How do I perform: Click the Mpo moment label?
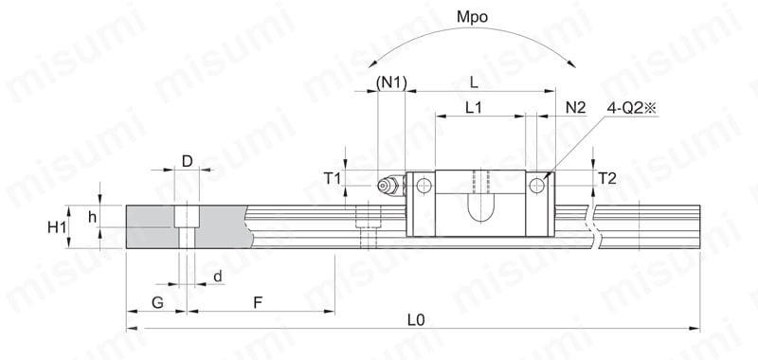point(472,18)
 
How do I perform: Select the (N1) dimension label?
point(391,82)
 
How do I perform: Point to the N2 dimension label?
point(576,108)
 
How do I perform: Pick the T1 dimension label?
point(333,179)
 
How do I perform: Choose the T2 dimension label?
point(607,179)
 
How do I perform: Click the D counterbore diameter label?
point(187,161)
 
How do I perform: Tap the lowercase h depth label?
point(92,218)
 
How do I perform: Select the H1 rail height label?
point(57,227)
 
